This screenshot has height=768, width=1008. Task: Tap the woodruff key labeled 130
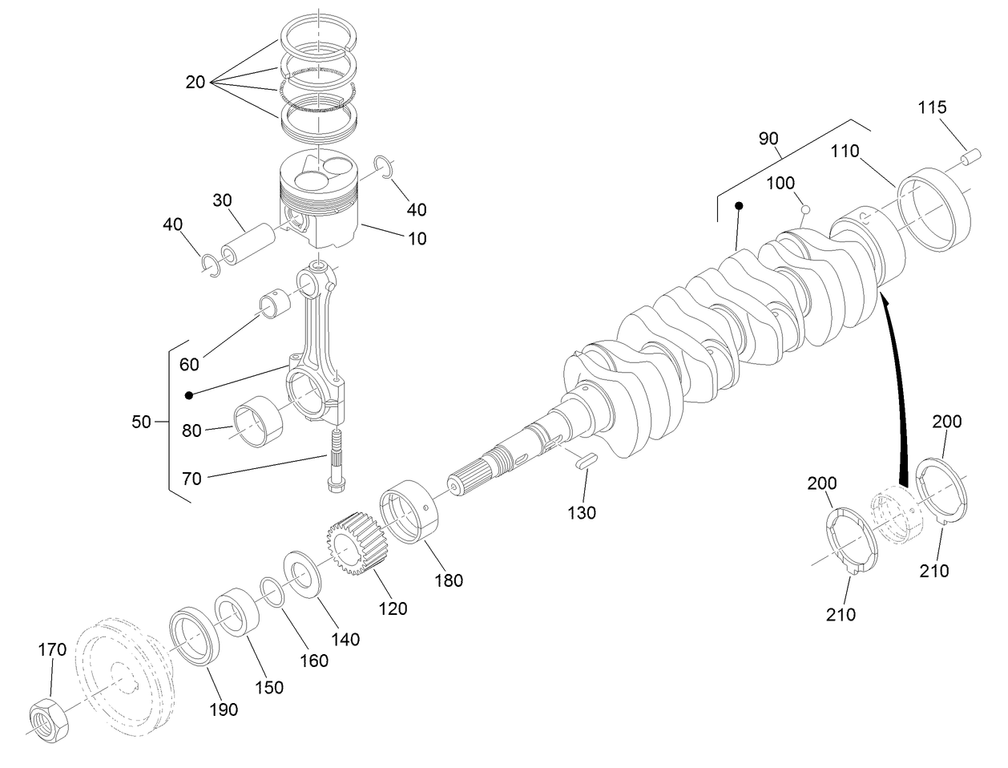pyautogui.click(x=583, y=460)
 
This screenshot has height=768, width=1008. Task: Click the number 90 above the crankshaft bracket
pyautogui.click(x=768, y=139)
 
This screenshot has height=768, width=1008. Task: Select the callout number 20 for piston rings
pyautogui.click(x=196, y=82)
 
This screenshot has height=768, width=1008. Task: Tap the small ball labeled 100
pyautogui.click(x=806, y=209)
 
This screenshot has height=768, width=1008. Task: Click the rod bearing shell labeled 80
pyautogui.click(x=259, y=422)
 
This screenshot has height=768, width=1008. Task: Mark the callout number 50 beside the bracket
pyautogui.click(x=141, y=422)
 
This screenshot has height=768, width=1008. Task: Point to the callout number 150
pyautogui.click(x=269, y=687)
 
